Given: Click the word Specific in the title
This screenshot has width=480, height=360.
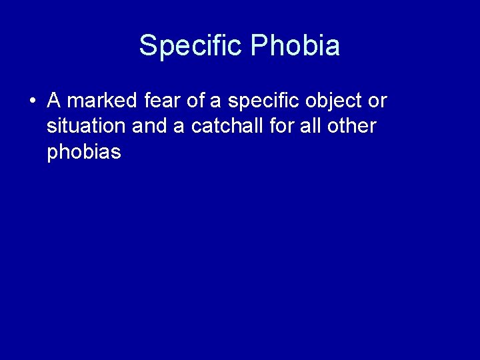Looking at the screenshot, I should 191,45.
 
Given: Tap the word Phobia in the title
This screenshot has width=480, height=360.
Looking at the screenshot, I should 295,45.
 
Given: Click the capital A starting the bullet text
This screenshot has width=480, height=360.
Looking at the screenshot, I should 54,101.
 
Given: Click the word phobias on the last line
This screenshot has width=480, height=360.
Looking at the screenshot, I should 84,153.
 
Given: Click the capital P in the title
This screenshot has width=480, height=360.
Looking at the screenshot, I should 258,45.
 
